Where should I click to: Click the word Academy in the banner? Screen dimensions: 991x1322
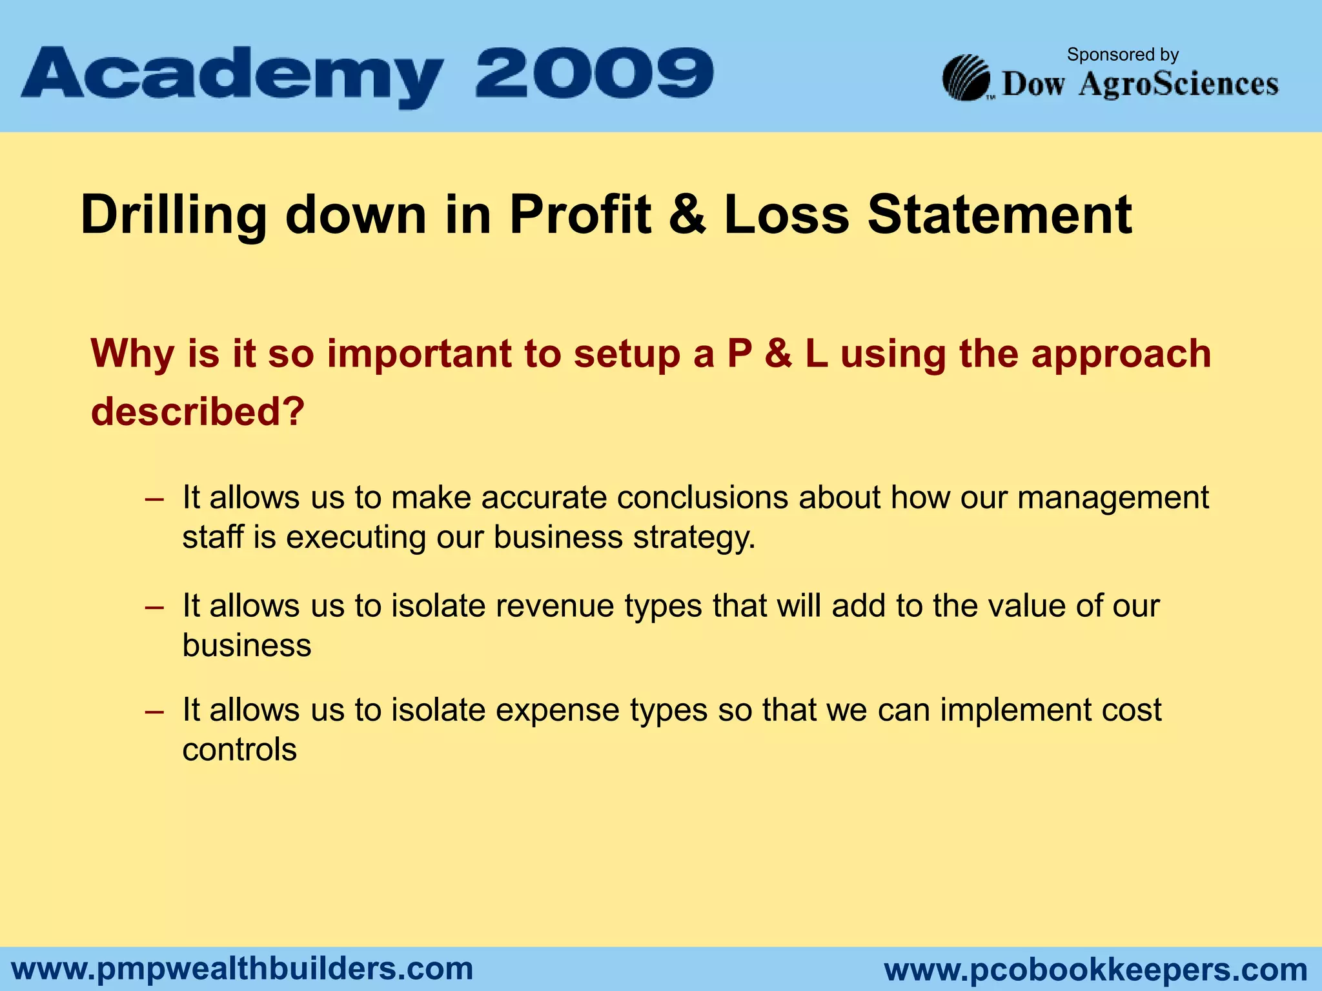click(x=232, y=76)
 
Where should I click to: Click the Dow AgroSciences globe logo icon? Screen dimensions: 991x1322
click(x=966, y=78)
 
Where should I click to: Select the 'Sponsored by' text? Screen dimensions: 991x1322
click(x=1123, y=55)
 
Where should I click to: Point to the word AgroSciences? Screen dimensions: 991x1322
click(x=1178, y=85)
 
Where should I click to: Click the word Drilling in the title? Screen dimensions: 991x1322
click(x=173, y=215)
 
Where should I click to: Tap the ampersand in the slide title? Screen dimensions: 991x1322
click(x=687, y=215)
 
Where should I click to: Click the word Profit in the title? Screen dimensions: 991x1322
click(x=580, y=215)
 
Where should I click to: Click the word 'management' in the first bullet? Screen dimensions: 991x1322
click(x=1113, y=498)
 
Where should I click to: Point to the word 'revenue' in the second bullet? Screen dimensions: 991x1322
click(x=554, y=606)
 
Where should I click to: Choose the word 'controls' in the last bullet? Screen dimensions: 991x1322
click(x=239, y=750)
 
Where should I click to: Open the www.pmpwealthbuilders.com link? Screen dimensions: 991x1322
click(x=243, y=969)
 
